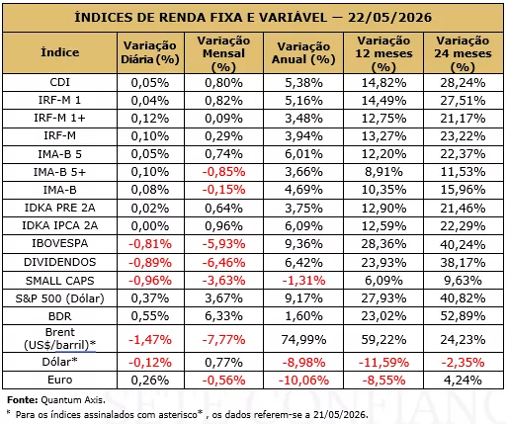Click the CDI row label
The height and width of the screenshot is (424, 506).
point(59,82)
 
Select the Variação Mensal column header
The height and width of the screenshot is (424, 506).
point(223,53)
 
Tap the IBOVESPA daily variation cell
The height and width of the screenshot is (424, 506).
point(150,244)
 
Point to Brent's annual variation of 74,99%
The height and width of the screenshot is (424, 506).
point(303,339)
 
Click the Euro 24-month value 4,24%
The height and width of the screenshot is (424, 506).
point(463,381)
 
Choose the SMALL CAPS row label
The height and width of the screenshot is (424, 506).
point(59,281)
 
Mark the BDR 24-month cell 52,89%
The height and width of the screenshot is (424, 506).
point(463,316)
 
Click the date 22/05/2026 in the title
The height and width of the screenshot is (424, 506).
point(389,18)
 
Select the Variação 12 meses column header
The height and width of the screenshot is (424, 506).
point(383,53)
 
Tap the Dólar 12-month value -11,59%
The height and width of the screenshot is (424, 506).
point(383,363)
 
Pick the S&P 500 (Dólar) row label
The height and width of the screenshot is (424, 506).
point(59,298)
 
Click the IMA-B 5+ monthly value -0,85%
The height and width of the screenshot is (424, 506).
point(223,172)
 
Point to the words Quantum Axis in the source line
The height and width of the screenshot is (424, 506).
point(73,400)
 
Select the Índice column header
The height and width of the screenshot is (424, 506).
point(59,52)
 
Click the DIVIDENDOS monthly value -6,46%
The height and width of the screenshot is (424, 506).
point(223,263)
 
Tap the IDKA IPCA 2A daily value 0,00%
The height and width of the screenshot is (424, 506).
point(150,226)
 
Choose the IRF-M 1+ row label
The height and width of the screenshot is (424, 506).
point(59,118)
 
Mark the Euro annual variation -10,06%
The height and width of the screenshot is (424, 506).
point(303,381)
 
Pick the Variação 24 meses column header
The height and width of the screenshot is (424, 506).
point(463,53)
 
